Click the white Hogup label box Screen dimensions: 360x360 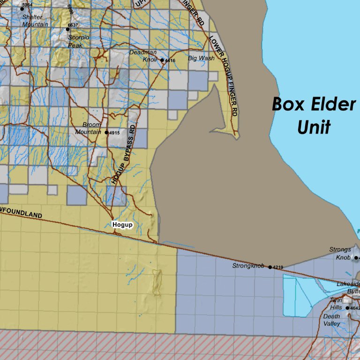pos(123,225)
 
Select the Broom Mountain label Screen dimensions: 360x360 pos(89,128)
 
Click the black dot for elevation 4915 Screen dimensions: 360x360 pos(106,133)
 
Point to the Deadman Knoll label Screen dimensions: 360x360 pos(143,56)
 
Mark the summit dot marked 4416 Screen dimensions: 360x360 pos(162,60)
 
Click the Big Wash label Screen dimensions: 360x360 pos(201,59)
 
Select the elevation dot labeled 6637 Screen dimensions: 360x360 pos(68,29)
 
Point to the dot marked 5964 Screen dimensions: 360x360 pos(22,9)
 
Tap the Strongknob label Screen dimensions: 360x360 pos(248,266)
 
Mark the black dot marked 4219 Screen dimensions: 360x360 pos(270,267)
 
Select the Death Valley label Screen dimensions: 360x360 pos(332,320)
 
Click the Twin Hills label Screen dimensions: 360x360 pos(336,304)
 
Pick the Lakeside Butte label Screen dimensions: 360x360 pos(349,287)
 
